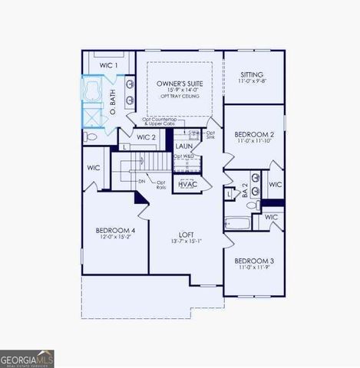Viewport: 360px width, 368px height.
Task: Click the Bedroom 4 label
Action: (116, 231)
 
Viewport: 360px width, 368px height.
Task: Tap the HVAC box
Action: (187, 185)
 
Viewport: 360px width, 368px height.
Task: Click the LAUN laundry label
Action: (183, 146)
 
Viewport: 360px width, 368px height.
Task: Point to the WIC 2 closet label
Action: (147, 138)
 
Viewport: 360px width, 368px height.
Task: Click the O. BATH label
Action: (112, 97)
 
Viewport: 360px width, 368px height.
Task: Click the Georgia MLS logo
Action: (27, 358)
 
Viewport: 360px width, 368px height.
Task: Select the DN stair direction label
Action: (142, 181)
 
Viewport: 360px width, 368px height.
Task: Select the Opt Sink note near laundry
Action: (210, 135)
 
